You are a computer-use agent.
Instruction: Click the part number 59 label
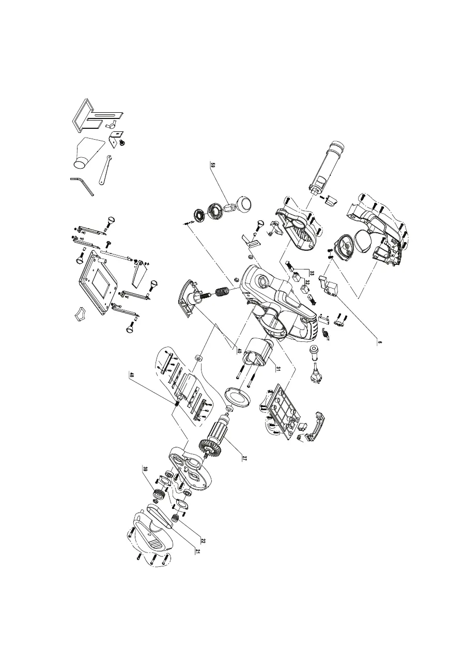tap(212, 165)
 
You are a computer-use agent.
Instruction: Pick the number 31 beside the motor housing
tap(277, 368)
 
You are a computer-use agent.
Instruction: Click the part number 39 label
tap(146, 470)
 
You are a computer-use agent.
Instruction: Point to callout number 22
tap(203, 541)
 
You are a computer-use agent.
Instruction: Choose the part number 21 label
tap(197, 551)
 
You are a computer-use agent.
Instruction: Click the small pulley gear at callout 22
tap(176, 517)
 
